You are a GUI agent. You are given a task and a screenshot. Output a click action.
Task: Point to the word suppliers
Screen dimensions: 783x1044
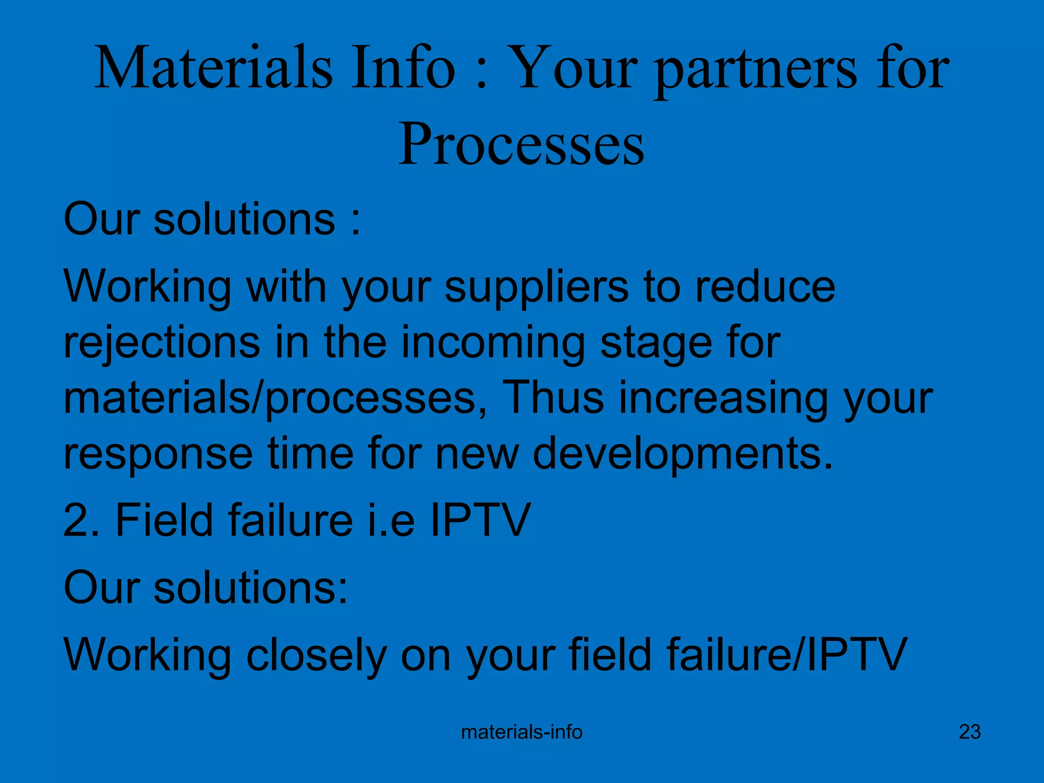coord(536,288)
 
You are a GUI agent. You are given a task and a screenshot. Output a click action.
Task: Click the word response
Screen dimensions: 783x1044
coord(158,455)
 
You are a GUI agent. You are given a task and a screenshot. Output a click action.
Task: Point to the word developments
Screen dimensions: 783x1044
coord(683,455)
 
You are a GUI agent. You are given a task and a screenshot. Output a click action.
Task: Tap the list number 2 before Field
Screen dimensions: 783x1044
coord(76,520)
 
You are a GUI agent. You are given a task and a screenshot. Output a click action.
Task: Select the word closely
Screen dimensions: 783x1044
coord(316,656)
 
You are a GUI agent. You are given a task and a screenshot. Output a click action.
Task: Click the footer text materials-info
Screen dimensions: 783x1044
coord(521,733)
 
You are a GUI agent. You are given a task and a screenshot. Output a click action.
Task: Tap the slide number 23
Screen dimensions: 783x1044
coord(970,732)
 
